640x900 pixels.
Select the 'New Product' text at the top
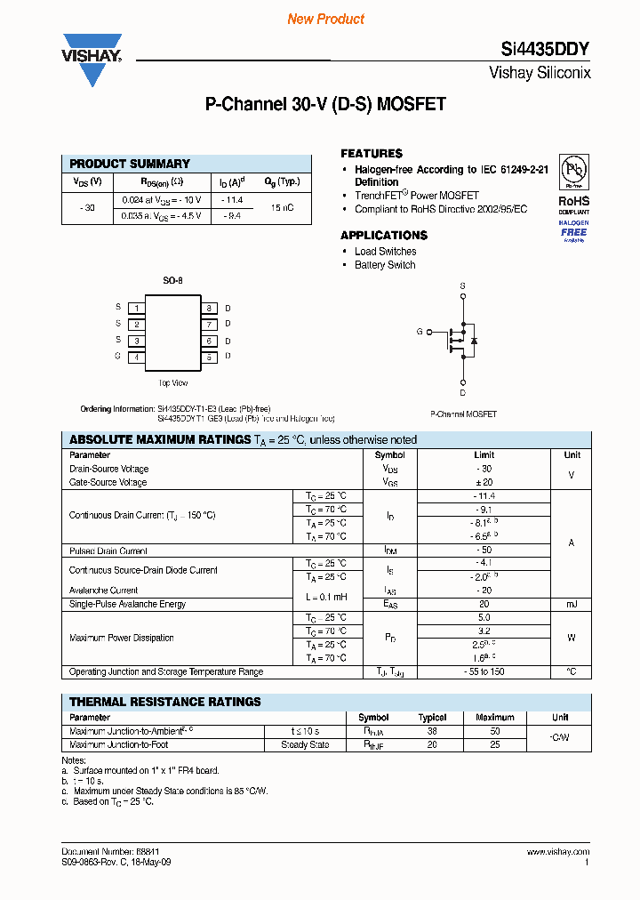coord(325,19)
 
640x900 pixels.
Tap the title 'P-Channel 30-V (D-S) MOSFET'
coord(325,105)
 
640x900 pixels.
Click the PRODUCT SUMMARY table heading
coord(130,164)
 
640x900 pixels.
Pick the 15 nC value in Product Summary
coord(283,207)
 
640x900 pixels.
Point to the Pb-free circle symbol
coord(573,170)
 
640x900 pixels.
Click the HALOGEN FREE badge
coord(573,229)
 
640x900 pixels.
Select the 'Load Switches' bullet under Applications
coord(385,252)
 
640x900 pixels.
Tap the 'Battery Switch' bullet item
coord(384,265)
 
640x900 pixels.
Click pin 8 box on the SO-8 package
coord(209,308)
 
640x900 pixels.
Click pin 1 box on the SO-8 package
coord(136,308)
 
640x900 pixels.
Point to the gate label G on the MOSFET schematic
coord(420,331)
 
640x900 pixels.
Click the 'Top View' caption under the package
coord(172,383)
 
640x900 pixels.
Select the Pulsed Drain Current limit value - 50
coord(485,550)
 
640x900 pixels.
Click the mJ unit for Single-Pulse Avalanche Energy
coord(571,604)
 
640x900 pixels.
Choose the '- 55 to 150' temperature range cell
coord(485,671)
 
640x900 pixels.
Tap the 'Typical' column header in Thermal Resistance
coord(433,717)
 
